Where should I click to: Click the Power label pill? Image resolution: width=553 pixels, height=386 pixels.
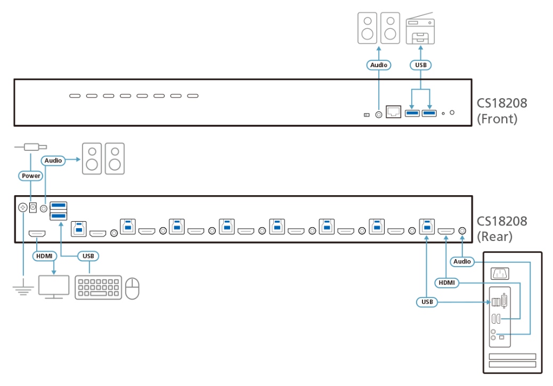[x=31, y=175]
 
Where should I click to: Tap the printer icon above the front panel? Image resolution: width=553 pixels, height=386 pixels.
[x=421, y=30]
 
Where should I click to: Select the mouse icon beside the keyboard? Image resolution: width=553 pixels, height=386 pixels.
[x=132, y=288]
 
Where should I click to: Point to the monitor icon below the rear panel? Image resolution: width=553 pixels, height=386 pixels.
[x=54, y=287]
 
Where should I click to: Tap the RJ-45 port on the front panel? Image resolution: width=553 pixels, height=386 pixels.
[x=394, y=111]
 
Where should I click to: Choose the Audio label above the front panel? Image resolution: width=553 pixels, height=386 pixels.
[x=379, y=65]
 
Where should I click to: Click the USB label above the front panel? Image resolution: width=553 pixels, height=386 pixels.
[x=421, y=65]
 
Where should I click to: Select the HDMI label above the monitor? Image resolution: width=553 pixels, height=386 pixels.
[x=44, y=256]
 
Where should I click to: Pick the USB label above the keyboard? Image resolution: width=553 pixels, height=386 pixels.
[x=88, y=256]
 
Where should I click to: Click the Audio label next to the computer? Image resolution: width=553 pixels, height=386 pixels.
[x=462, y=261]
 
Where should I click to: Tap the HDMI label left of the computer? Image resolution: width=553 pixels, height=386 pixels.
[x=446, y=282]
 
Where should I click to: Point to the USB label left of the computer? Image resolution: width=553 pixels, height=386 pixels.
[x=427, y=302]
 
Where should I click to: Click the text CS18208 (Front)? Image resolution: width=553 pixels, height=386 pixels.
[x=501, y=110]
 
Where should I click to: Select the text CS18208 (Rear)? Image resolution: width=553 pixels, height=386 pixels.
[x=501, y=228]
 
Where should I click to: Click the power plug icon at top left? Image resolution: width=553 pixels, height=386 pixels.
[x=31, y=146]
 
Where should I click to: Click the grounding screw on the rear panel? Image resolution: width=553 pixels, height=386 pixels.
[x=23, y=207]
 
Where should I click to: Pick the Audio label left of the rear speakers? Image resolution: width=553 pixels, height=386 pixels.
[x=54, y=160]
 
